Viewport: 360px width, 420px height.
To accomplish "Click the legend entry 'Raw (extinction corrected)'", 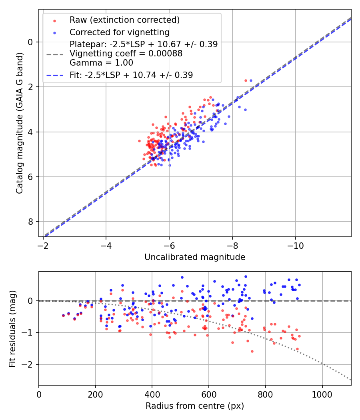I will coord(124,20).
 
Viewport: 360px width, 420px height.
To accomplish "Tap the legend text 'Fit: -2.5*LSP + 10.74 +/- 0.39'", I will coord(131,75).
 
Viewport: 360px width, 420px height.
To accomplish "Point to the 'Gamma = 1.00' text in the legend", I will coord(101,63).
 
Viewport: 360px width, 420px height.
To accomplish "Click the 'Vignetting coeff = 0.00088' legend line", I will coord(126,54).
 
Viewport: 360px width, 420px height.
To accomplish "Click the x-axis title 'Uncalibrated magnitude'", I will coord(195,257).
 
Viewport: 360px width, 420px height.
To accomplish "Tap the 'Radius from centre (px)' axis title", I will coord(195,406).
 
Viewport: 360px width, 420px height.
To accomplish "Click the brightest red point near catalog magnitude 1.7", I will coord(246,80).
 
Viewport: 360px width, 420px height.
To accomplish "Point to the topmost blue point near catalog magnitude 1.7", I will coord(251,80).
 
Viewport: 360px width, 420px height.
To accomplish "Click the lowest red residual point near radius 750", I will coord(252,351).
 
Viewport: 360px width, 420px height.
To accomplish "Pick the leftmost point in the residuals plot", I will coord(63,315).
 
